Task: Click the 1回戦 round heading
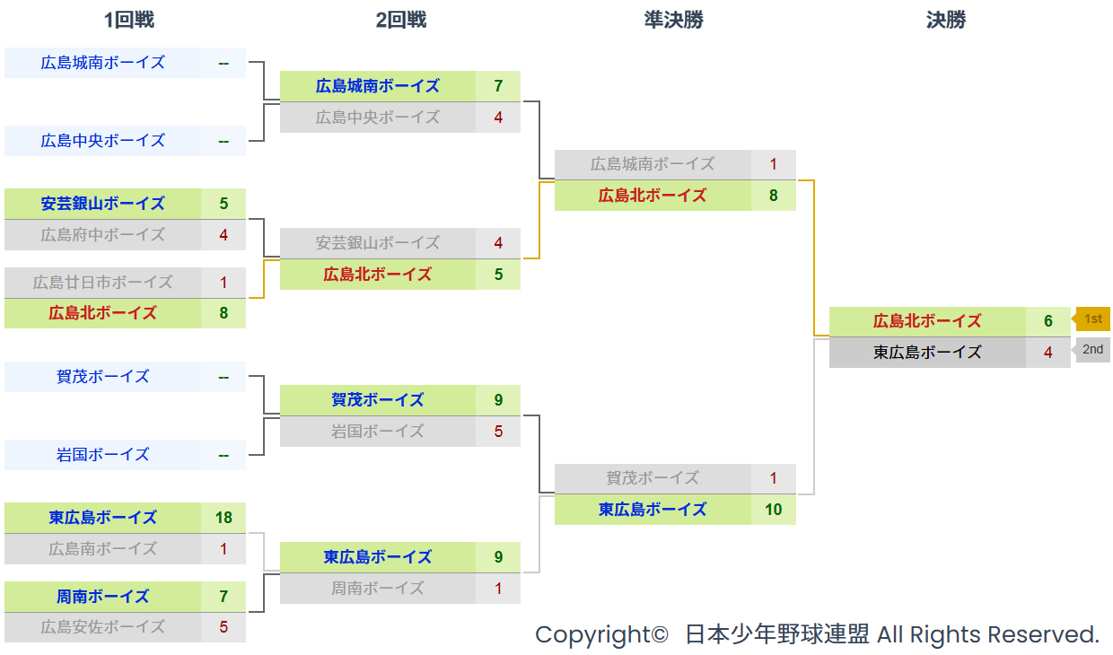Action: (x=129, y=20)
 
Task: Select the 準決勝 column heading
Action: (x=673, y=20)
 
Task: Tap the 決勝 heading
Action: (x=946, y=20)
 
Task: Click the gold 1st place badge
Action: (x=1092, y=319)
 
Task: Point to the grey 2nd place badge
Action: (x=1092, y=350)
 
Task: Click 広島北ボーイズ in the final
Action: (x=927, y=321)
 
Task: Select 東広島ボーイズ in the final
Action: (x=927, y=353)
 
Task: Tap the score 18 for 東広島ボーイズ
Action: (x=223, y=518)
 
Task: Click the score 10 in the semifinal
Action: (x=773, y=510)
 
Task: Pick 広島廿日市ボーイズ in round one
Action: (x=103, y=283)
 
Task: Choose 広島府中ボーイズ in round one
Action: (x=103, y=235)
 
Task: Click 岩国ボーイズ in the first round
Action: (x=103, y=455)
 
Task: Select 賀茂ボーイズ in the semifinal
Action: (x=653, y=478)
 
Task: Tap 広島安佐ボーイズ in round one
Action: (x=103, y=627)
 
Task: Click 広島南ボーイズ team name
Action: (x=103, y=549)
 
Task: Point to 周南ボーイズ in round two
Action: (x=378, y=589)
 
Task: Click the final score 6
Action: (x=1047, y=321)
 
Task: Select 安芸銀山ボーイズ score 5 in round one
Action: (x=223, y=204)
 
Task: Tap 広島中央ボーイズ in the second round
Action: (x=378, y=118)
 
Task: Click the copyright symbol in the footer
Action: (x=661, y=635)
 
